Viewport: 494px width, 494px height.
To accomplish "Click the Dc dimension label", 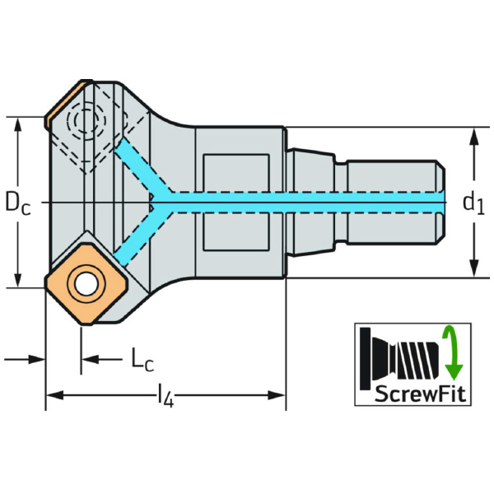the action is [18, 203].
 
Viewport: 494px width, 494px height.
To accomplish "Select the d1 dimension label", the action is [473, 203].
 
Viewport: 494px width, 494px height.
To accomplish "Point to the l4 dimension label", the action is [165, 398].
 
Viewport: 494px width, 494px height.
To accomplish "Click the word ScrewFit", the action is [420, 394].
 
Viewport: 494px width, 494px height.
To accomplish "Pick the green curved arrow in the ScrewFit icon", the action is [452, 352].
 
